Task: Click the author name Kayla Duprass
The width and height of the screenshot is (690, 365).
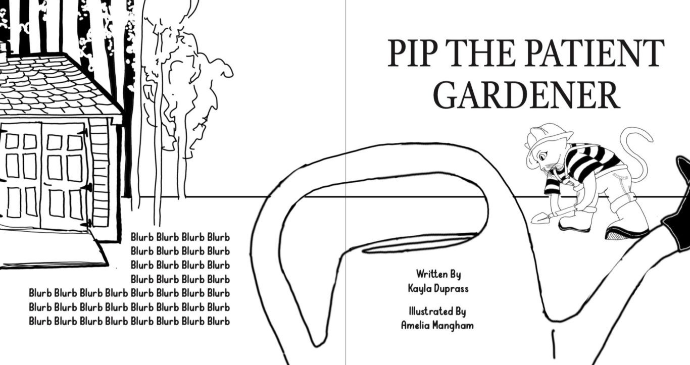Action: [x=438, y=288]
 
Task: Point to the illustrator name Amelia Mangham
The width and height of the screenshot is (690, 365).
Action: [x=437, y=325]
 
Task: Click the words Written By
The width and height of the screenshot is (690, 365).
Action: [x=438, y=275]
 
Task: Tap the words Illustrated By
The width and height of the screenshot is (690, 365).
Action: [x=437, y=311]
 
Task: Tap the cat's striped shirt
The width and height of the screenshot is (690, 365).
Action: [x=586, y=162]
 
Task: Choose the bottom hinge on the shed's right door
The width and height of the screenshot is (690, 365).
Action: [x=87, y=222]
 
